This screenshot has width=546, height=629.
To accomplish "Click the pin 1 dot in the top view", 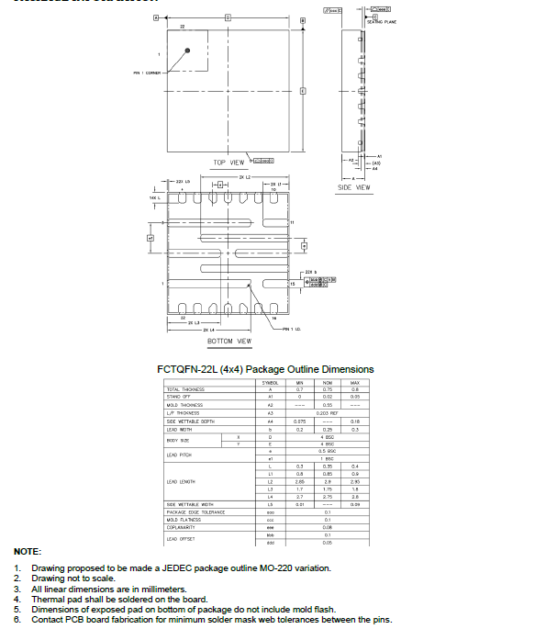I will tap(188, 51).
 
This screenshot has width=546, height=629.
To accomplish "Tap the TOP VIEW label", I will tap(228, 163).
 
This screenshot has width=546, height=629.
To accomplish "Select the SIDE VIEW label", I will tap(354, 187).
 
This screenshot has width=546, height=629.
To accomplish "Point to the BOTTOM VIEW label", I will tap(228, 342).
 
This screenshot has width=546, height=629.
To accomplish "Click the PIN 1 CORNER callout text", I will tap(148, 73).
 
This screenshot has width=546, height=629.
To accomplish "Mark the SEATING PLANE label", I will tap(382, 21).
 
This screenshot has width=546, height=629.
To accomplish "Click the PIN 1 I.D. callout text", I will tap(293, 329).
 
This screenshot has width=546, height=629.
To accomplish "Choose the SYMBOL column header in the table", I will tap(270, 382).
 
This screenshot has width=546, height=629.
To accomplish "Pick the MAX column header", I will tap(354, 382).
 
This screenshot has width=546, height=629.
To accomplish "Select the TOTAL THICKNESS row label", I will tap(185, 389).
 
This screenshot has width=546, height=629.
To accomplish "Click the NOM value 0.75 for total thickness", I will tap(328, 389).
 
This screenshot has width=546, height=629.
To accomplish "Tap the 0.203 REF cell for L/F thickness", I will tap(328, 413).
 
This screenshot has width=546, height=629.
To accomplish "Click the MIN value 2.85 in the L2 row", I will tap(299, 481).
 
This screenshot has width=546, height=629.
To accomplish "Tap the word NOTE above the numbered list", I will tap(27, 551).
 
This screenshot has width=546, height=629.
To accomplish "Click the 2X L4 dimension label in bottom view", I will tap(207, 329).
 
